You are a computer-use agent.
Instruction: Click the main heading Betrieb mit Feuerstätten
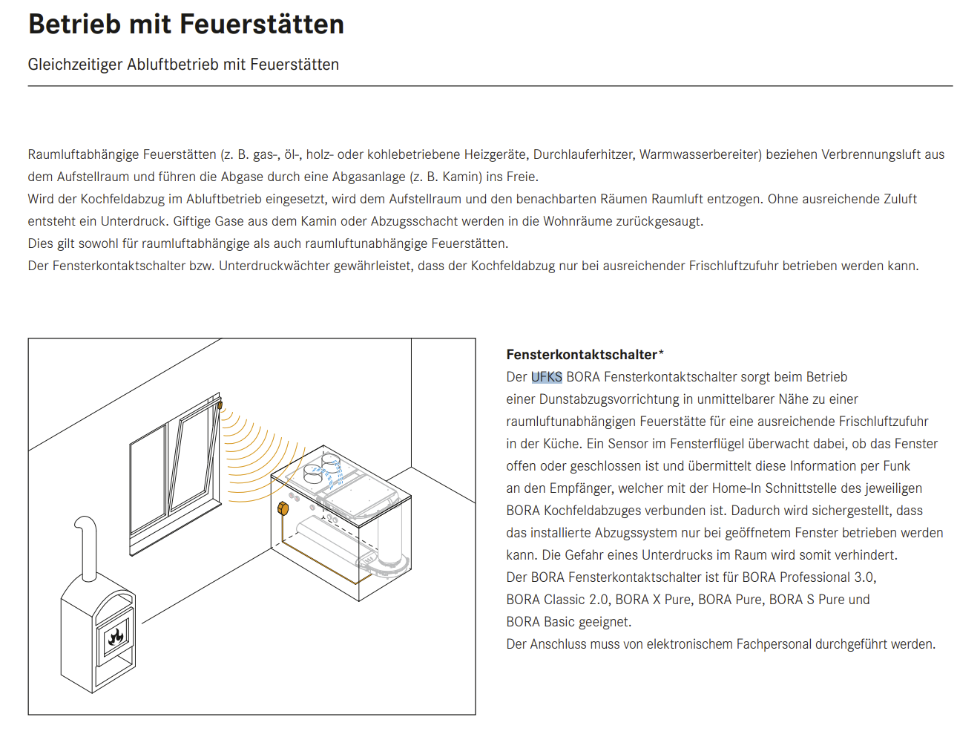pyautogui.click(x=185, y=24)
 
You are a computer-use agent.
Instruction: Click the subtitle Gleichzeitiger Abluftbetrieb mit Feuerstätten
pyautogui.click(x=183, y=65)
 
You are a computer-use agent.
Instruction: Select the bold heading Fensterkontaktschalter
pyautogui.click(x=582, y=355)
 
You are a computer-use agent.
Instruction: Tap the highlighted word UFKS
pyautogui.click(x=546, y=377)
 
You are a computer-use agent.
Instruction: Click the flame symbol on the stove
pyautogui.click(x=116, y=637)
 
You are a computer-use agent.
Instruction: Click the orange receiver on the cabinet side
pyautogui.click(x=283, y=508)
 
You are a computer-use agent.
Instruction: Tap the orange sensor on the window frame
pyautogui.click(x=220, y=405)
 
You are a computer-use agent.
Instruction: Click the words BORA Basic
pyautogui.click(x=541, y=622)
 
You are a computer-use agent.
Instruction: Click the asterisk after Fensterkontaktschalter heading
pyautogui.click(x=661, y=353)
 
